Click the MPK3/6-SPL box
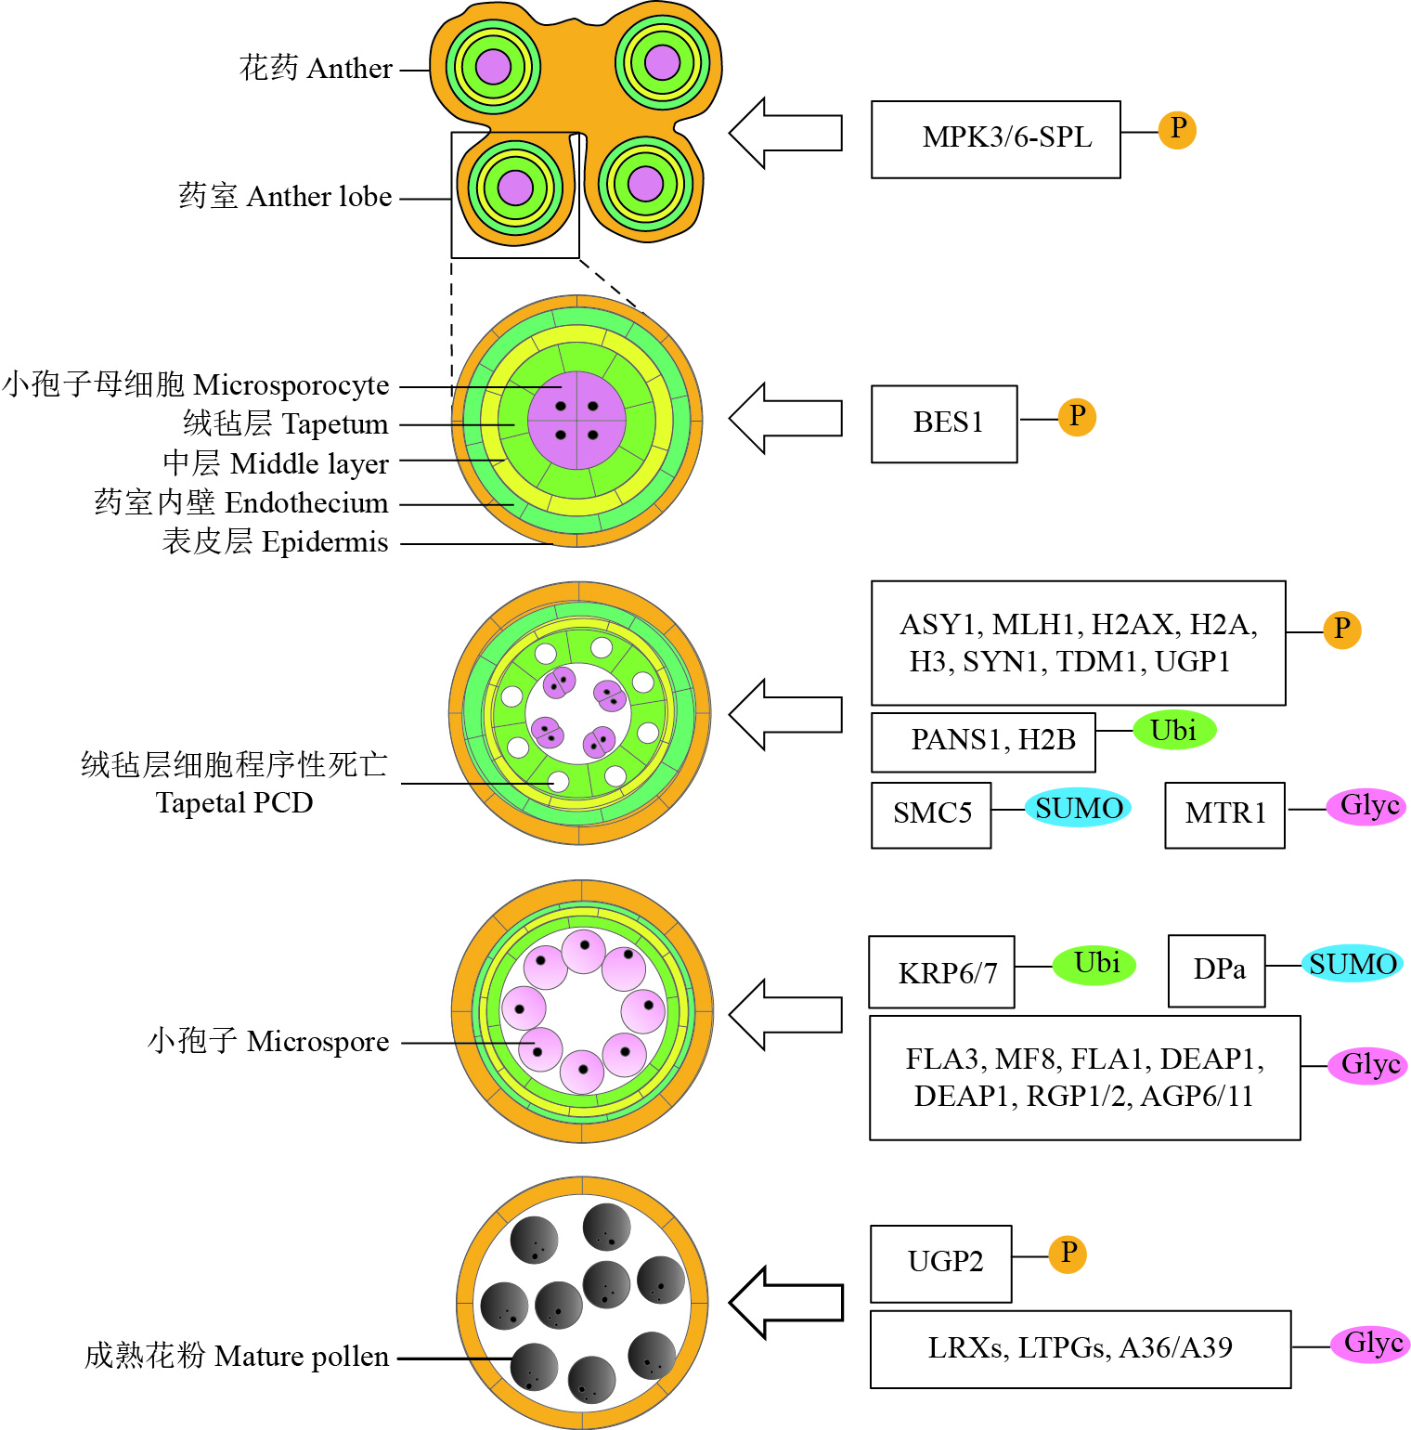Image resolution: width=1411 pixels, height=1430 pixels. (995, 139)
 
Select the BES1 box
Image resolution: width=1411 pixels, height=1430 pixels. (944, 423)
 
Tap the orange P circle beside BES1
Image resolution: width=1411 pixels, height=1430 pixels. (1077, 417)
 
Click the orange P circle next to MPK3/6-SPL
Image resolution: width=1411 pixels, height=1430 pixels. (1177, 129)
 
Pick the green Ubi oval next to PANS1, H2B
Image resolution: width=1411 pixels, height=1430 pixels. (1174, 731)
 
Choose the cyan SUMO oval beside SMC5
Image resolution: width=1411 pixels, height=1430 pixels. (1078, 809)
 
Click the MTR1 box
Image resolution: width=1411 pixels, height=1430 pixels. (1224, 814)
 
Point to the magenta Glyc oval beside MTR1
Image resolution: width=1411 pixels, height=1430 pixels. (1368, 806)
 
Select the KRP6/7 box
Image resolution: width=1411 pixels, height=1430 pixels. (941, 972)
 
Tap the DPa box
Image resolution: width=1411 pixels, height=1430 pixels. (1216, 970)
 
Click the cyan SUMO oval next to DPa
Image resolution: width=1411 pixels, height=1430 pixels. (1352, 965)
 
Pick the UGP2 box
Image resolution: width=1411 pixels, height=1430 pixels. (940, 1263)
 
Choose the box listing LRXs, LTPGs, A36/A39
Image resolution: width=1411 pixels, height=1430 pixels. (1080, 1348)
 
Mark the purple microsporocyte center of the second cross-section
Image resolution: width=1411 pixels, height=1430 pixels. (576, 421)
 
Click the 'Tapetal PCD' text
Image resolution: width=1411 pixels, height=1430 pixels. (234, 802)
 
